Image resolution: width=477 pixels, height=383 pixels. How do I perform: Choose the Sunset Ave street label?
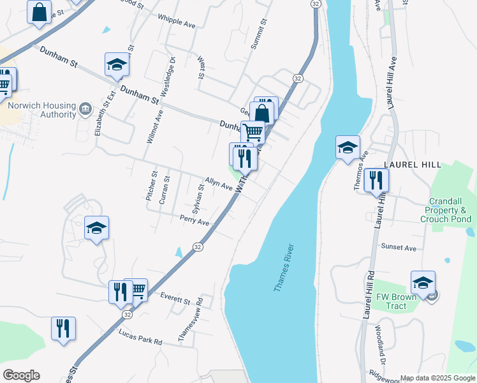coord(398,248)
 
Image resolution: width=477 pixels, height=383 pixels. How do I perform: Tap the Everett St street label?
coord(176,298)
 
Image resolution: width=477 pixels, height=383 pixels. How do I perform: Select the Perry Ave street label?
coord(194,221)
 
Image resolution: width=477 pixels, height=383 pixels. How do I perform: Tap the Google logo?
coord(21,375)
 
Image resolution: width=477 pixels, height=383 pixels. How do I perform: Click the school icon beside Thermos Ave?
coord(348,147)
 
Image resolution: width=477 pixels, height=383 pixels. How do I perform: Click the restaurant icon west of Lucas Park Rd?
coord(63,329)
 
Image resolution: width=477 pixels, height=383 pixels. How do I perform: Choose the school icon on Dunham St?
coord(117,64)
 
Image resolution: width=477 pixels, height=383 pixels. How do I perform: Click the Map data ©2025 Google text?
coord(437,378)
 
